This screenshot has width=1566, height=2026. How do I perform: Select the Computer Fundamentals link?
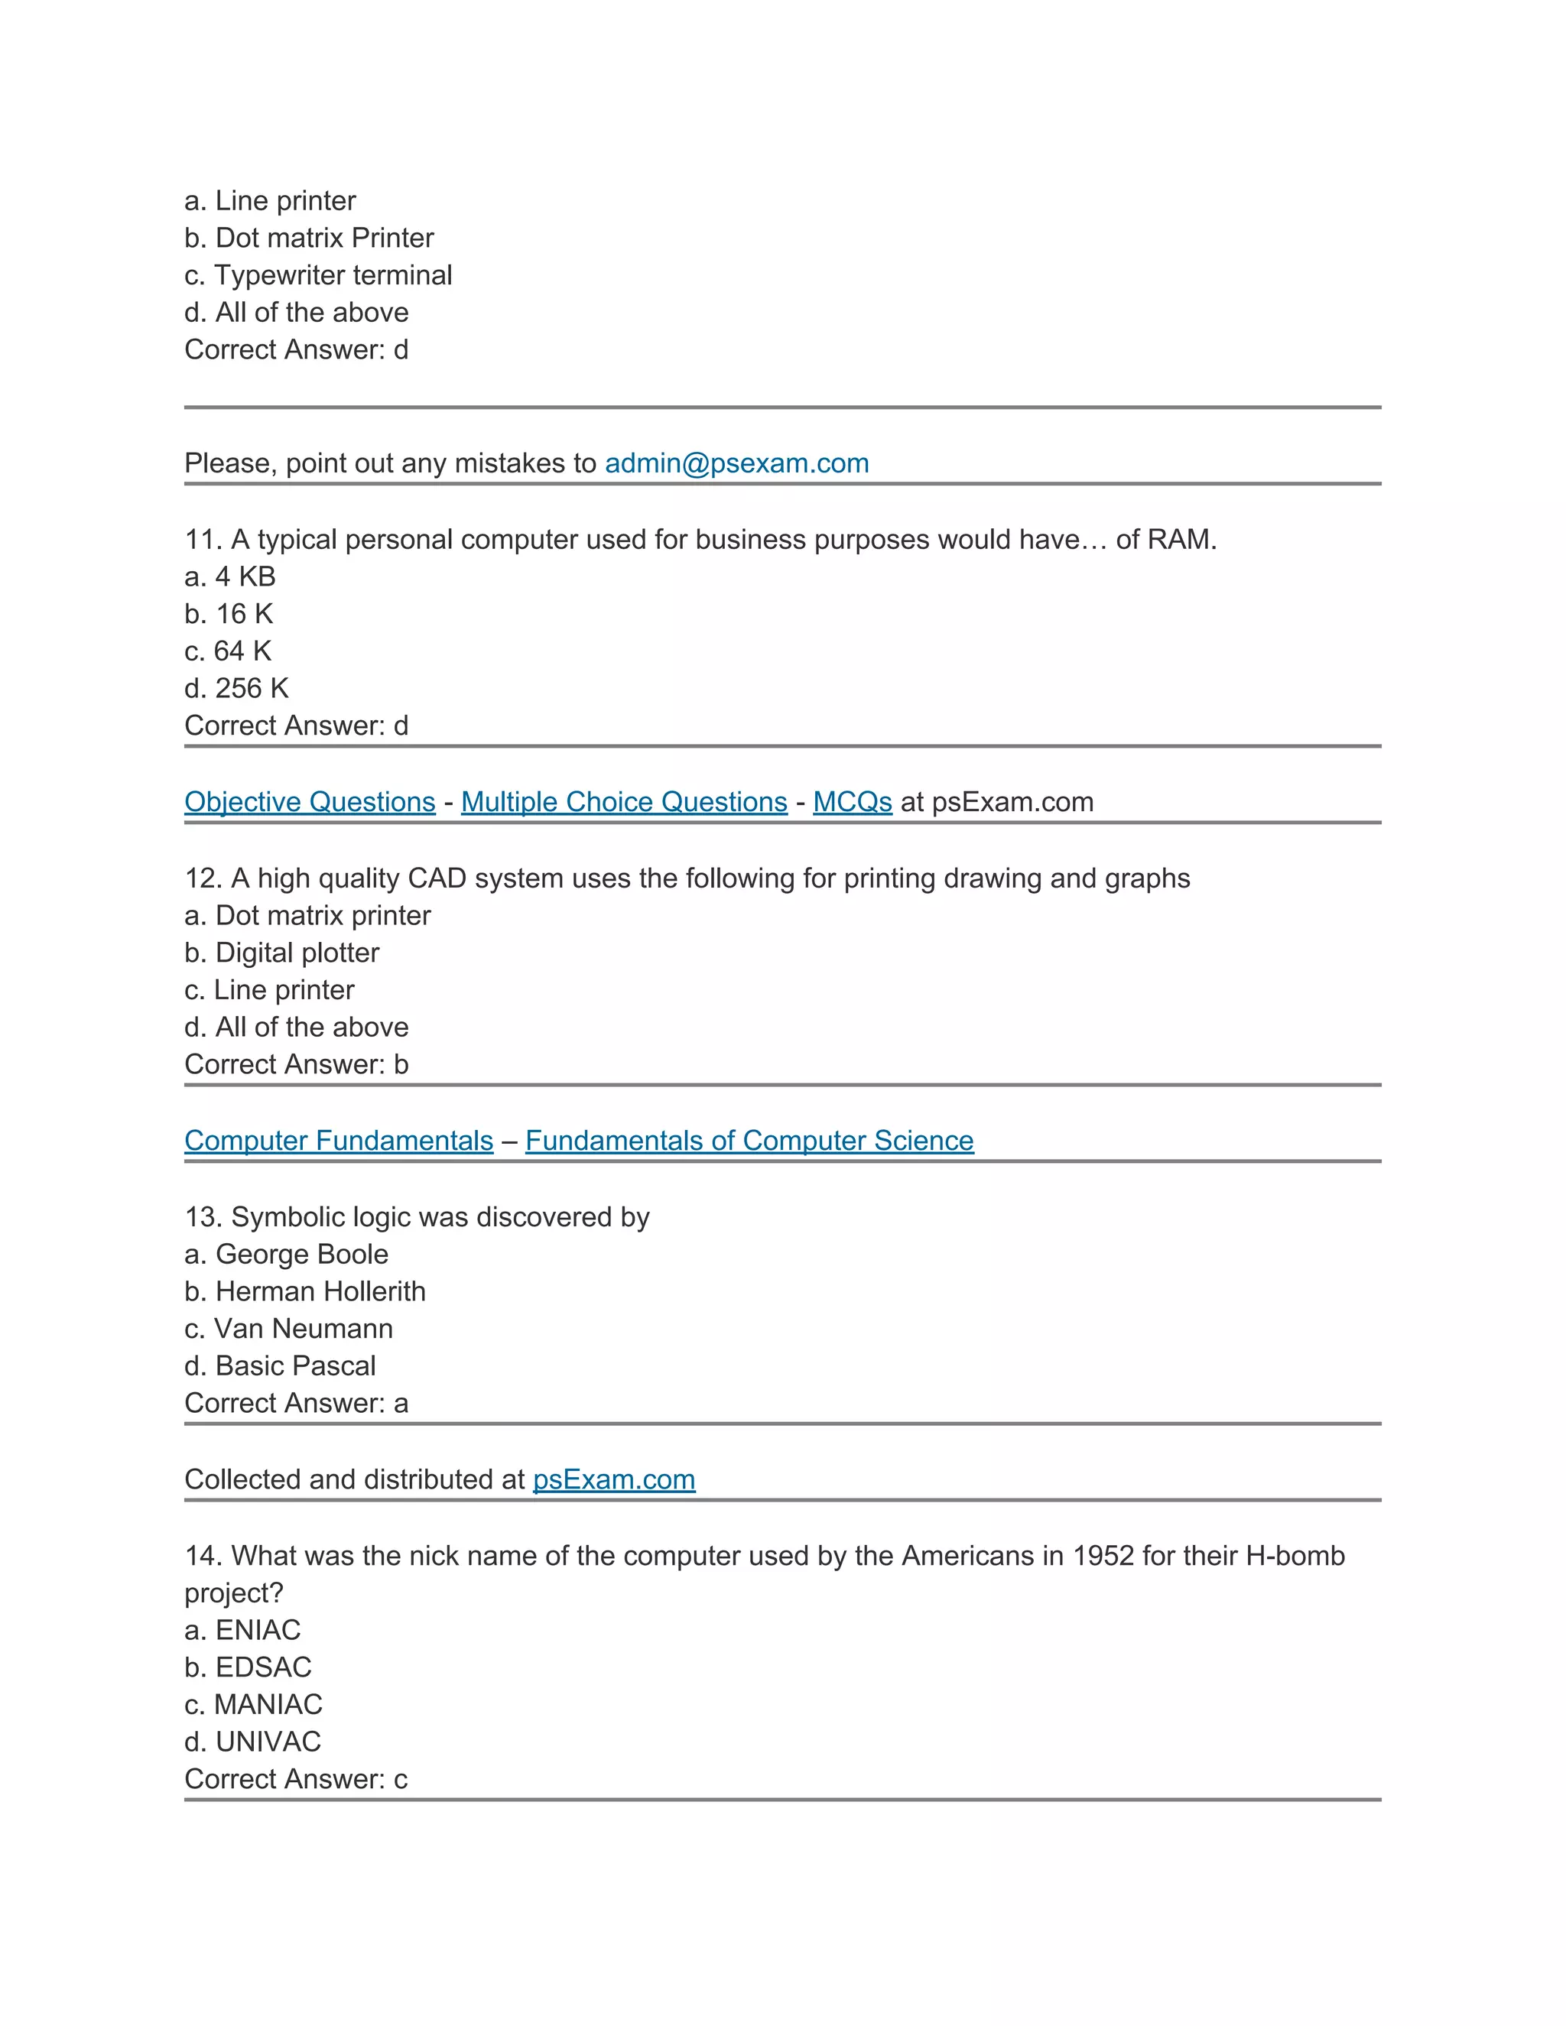point(339,1140)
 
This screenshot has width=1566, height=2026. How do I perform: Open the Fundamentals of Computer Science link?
point(749,1140)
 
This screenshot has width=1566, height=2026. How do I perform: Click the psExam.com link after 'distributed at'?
point(613,1479)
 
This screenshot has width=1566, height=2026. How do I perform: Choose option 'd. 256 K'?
point(238,688)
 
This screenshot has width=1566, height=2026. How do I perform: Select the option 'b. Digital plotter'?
point(282,953)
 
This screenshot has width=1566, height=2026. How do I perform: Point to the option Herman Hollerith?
point(320,1291)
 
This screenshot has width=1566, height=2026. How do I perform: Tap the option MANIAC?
point(268,1704)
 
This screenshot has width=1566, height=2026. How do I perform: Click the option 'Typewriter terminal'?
point(333,275)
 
